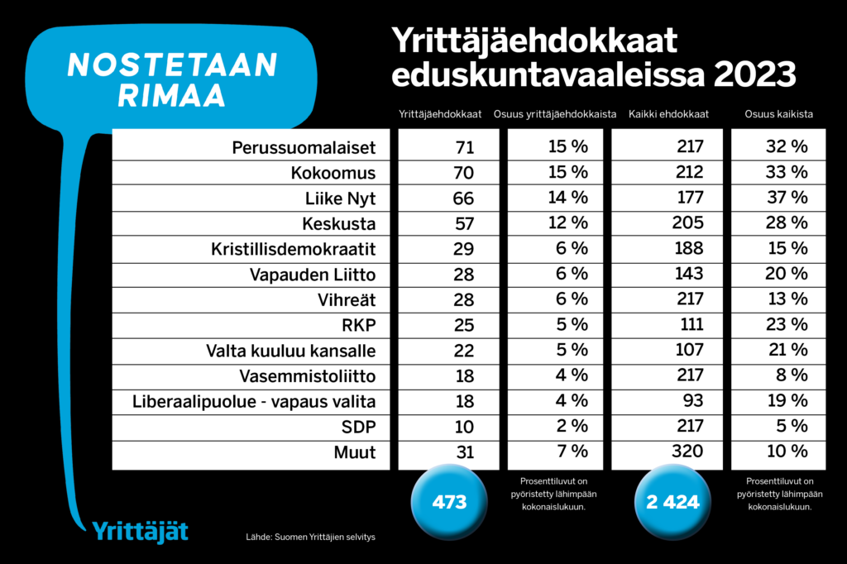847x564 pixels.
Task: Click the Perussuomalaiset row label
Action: pyautogui.click(x=304, y=148)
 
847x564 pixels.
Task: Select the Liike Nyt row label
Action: pyautogui.click(x=342, y=198)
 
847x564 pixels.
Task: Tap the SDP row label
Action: pyautogui.click(x=358, y=428)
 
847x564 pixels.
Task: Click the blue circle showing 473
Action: pyautogui.click(x=450, y=501)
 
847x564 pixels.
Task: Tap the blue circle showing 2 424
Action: pyautogui.click(x=672, y=501)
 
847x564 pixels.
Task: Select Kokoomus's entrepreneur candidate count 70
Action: pyautogui.click(x=463, y=174)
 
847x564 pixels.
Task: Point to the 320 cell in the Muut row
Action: pyautogui.click(x=688, y=452)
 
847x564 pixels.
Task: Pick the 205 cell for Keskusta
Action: pyautogui.click(x=688, y=224)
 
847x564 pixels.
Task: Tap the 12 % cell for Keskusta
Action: pyautogui.click(x=567, y=224)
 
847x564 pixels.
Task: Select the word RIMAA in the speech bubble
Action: pyautogui.click(x=171, y=95)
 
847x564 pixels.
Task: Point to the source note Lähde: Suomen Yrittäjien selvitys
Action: pyautogui.click(x=310, y=538)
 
